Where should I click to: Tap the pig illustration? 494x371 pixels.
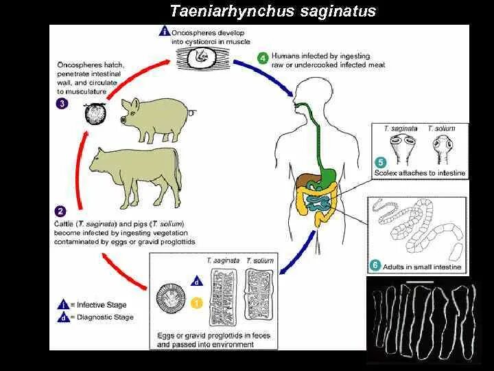(x=157, y=116)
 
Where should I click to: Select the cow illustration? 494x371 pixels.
(x=134, y=175)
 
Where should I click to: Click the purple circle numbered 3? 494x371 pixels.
(x=62, y=104)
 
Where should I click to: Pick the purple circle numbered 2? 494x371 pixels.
(x=61, y=212)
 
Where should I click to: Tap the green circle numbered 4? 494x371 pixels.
(x=262, y=58)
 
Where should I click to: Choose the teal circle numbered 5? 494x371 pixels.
(x=380, y=162)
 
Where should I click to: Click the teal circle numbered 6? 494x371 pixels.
(x=375, y=265)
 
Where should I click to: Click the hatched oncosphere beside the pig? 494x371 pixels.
(x=93, y=113)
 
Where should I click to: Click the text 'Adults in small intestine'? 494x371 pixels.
(x=423, y=267)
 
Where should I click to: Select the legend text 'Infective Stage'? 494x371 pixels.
(x=102, y=304)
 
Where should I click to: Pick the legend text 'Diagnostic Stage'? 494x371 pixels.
(x=105, y=317)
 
